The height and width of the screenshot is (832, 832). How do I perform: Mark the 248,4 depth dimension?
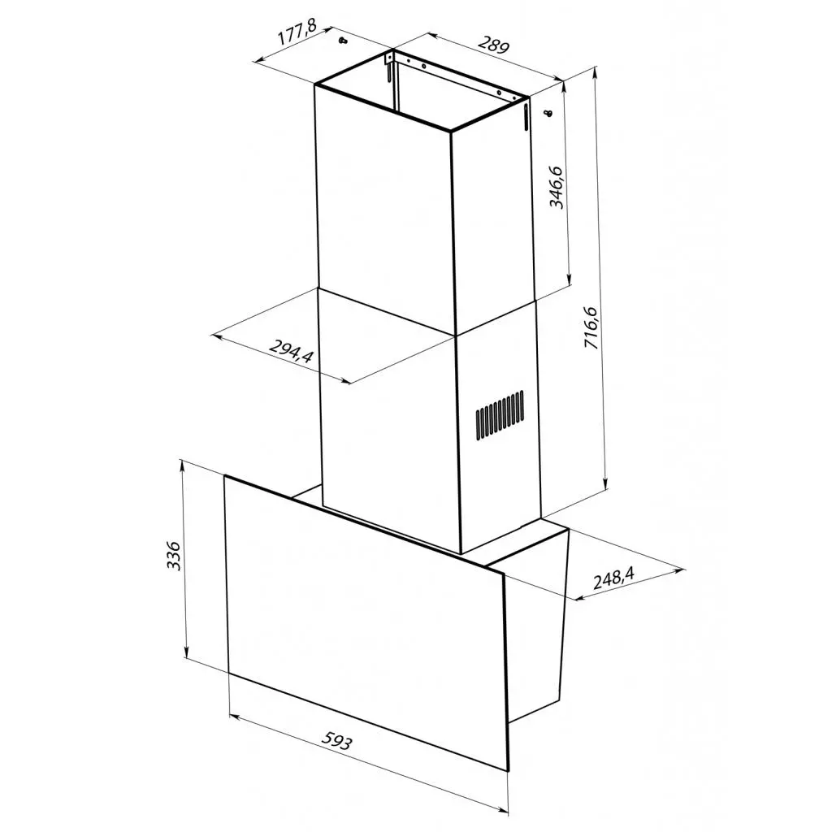click(x=613, y=578)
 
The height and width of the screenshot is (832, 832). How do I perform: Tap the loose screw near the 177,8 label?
click(x=343, y=41)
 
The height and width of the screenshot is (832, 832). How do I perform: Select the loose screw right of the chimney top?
click(x=548, y=112)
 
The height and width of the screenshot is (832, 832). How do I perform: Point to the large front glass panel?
click(x=366, y=617)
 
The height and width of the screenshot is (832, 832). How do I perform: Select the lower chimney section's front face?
click(x=390, y=422)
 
